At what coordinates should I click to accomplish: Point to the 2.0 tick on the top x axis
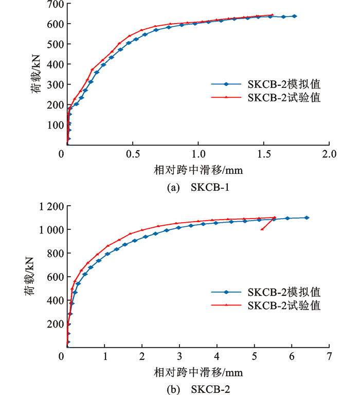tap(329, 154)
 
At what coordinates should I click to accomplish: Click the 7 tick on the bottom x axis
tap(329, 356)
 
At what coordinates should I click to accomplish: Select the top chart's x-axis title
tap(197, 169)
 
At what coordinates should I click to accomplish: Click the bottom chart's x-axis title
tap(197, 371)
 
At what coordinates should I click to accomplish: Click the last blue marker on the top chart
tap(295, 16)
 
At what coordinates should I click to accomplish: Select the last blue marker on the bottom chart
tap(307, 218)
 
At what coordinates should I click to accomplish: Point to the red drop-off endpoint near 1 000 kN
tap(262, 229)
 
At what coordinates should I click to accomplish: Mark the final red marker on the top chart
tap(272, 15)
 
